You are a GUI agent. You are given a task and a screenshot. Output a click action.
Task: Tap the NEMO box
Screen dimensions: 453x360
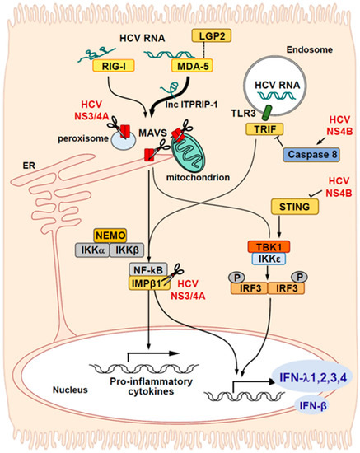[x=115, y=235]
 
